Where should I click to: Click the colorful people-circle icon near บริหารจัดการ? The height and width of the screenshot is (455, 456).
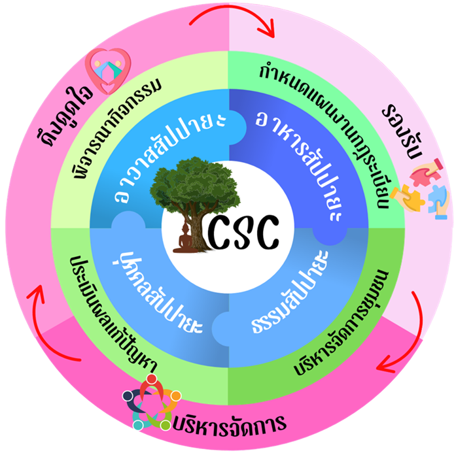[x=151, y=402]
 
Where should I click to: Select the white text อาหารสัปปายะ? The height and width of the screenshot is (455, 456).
[x=294, y=160]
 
